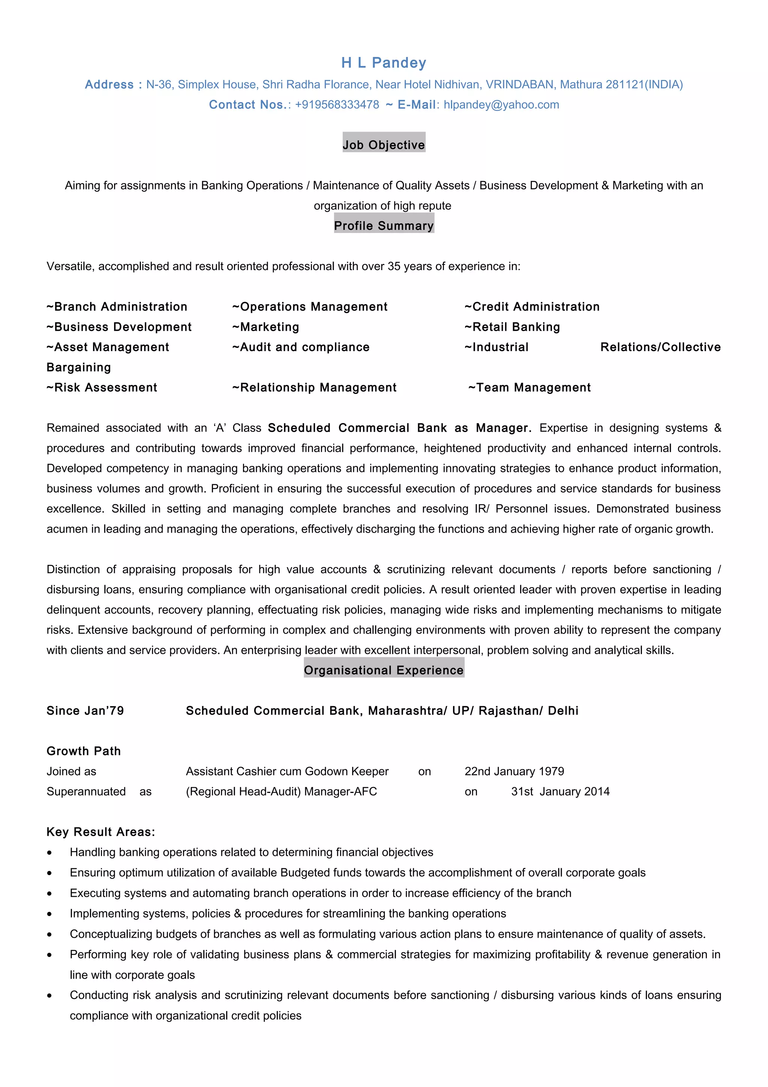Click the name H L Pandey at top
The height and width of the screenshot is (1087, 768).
[x=384, y=63]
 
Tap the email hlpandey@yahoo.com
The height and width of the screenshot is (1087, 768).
[x=501, y=105]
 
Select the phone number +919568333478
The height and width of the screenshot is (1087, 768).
[x=337, y=105]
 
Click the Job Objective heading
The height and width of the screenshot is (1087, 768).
[x=384, y=145]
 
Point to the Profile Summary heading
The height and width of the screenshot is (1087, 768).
[x=384, y=226]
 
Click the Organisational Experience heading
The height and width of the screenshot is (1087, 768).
[x=384, y=670]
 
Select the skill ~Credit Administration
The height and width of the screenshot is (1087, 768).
[x=532, y=307]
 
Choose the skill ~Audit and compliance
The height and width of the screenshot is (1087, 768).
[x=301, y=347]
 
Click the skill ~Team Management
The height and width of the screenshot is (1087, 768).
[x=529, y=388]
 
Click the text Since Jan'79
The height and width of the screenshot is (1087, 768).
[x=85, y=711]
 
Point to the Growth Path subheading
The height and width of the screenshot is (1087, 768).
[x=84, y=751]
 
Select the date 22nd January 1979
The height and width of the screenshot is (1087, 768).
[x=514, y=771]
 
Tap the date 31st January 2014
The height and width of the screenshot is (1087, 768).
[x=560, y=791]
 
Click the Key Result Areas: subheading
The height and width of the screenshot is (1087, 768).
[x=101, y=832]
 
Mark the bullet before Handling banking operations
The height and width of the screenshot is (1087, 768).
[x=49, y=853]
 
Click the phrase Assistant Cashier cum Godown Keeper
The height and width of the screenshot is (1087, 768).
[x=287, y=771]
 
